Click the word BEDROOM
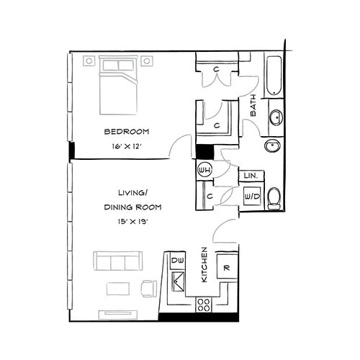click(x=126, y=132)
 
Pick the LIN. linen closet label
click(x=251, y=176)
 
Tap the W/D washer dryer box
click(x=252, y=195)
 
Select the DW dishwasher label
click(x=177, y=259)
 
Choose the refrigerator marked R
click(x=226, y=268)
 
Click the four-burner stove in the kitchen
click(x=204, y=305)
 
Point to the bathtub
click(x=274, y=77)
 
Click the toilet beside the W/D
click(x=274, y=197)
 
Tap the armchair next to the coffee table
click(x=150, y=288)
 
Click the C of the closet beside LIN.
click(x=208, y=195)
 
